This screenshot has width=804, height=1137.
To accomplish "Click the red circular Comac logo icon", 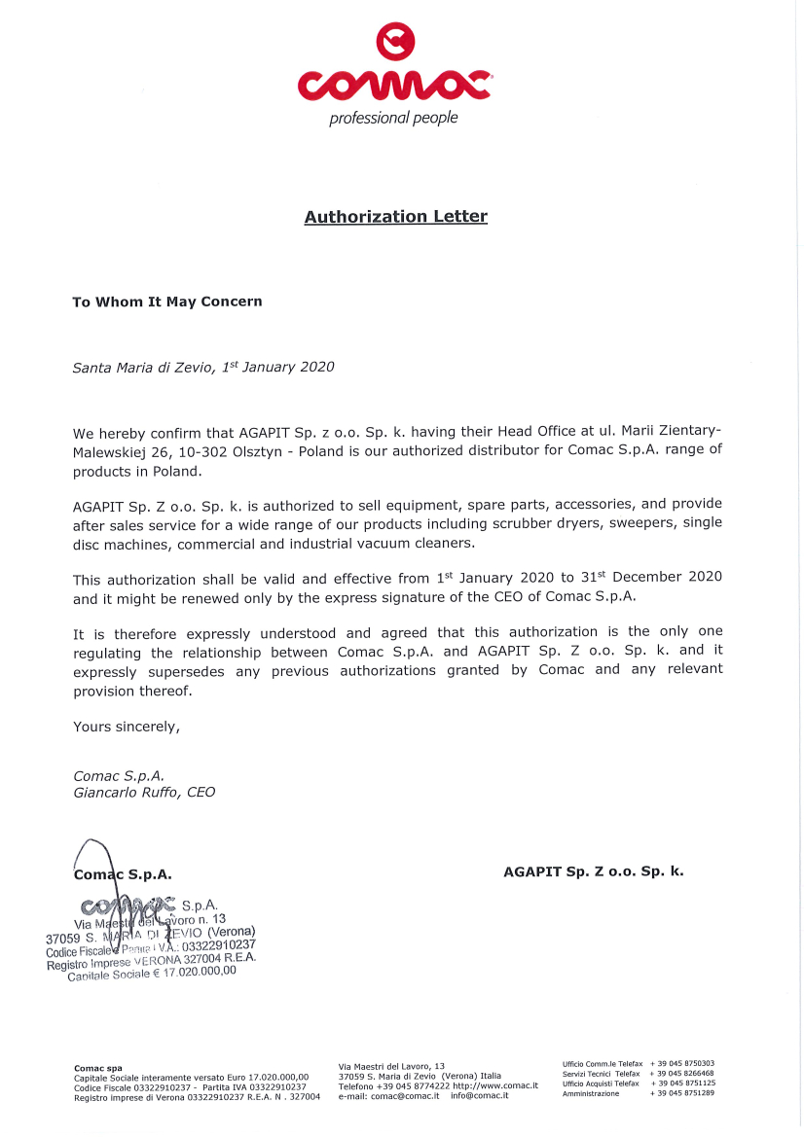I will pyautogui.click(x=395, y=42).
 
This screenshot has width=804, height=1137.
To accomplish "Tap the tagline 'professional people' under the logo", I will pyautogui.click(x=393, y=119).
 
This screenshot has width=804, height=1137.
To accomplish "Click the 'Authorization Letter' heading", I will pyautogui.click(x=395, y=217).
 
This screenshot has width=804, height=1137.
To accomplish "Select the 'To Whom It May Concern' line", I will pyautogui.click(x=167, y=302).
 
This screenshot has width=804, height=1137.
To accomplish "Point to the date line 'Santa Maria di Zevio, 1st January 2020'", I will pyautogui.click(x=203, y=367).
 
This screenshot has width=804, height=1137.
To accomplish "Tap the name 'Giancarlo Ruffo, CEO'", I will pyautogui.click(x=144, y=792).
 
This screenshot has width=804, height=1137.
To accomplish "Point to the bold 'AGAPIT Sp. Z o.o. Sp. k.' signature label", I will pyautogui.click(x=593, y=871).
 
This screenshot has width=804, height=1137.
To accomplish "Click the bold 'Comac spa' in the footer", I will pyautogui.click(x=98, y=1068).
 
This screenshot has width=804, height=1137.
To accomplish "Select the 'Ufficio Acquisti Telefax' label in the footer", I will pyautogui.click(x=601, y=1084).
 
